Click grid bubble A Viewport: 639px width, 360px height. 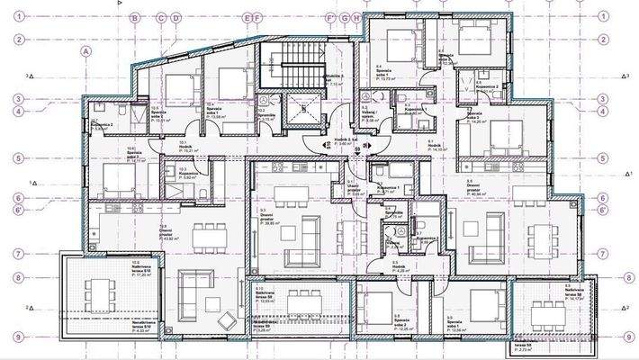86,52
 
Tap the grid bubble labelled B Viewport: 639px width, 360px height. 133,17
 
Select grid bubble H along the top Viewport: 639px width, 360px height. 356,17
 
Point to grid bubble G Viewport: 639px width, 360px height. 345,17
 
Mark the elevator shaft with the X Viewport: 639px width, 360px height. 305,112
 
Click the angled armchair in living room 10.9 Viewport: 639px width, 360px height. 229,319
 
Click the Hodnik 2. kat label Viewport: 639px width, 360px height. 335,141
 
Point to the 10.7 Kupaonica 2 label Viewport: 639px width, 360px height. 99,126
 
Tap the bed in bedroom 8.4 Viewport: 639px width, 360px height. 397,45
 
